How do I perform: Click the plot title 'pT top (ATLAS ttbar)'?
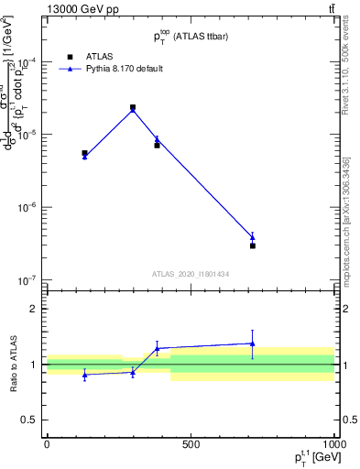(x=190, y=38)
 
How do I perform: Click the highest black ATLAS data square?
(x=133, y=107)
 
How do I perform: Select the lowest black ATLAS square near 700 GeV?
(x=253, y=245)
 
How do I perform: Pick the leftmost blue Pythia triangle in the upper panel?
(x=84, y=157)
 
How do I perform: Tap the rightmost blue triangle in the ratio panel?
(x=253, y=344)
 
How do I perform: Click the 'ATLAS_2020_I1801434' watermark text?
(x=190, y=274)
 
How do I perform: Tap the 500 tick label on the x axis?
(x=191, y=445)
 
